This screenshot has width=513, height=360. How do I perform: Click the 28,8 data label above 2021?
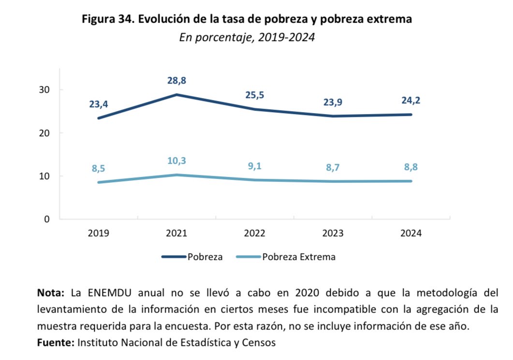[x=176, y=81]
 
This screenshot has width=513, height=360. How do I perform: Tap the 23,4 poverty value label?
[x=99, y=104]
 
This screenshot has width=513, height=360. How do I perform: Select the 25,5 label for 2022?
[x=255, y=95]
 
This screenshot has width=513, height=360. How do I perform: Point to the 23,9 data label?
[x=333, y=102]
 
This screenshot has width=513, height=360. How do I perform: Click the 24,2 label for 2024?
[x=411, y=101]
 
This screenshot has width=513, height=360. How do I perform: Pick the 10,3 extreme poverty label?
[x=176, y=161]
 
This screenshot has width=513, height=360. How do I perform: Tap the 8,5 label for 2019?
[x=99, y=169]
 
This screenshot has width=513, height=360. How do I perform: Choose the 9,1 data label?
[x=255, y=166]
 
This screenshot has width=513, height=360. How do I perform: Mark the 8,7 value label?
[x=333, y=168]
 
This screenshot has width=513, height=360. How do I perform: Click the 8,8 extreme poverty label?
[x=411, y=168]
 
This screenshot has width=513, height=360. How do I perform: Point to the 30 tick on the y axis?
[x=44, y=90]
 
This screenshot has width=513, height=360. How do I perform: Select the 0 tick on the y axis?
[x=47, y=219]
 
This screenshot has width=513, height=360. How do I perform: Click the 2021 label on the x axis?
[x=176, y=233]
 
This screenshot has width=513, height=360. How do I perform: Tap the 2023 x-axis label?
[x=333, y=233]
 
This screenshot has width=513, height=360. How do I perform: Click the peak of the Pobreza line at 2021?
[x=176, y=95]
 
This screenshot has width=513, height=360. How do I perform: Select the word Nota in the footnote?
[x=50, y=293]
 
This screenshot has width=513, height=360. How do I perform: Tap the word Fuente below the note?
[x=55, y=343]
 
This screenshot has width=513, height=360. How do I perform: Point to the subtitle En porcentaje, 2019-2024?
[x=247, y=38]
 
